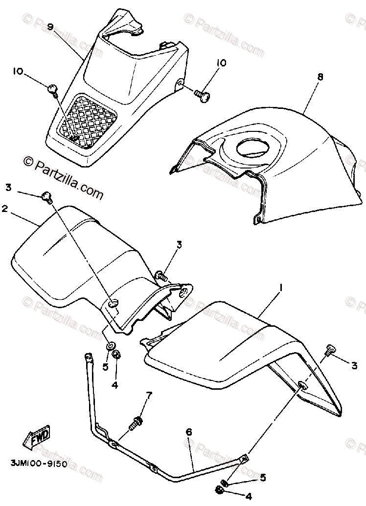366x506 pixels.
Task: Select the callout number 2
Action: (5, 209)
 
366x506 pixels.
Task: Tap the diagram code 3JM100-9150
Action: (38, 463)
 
